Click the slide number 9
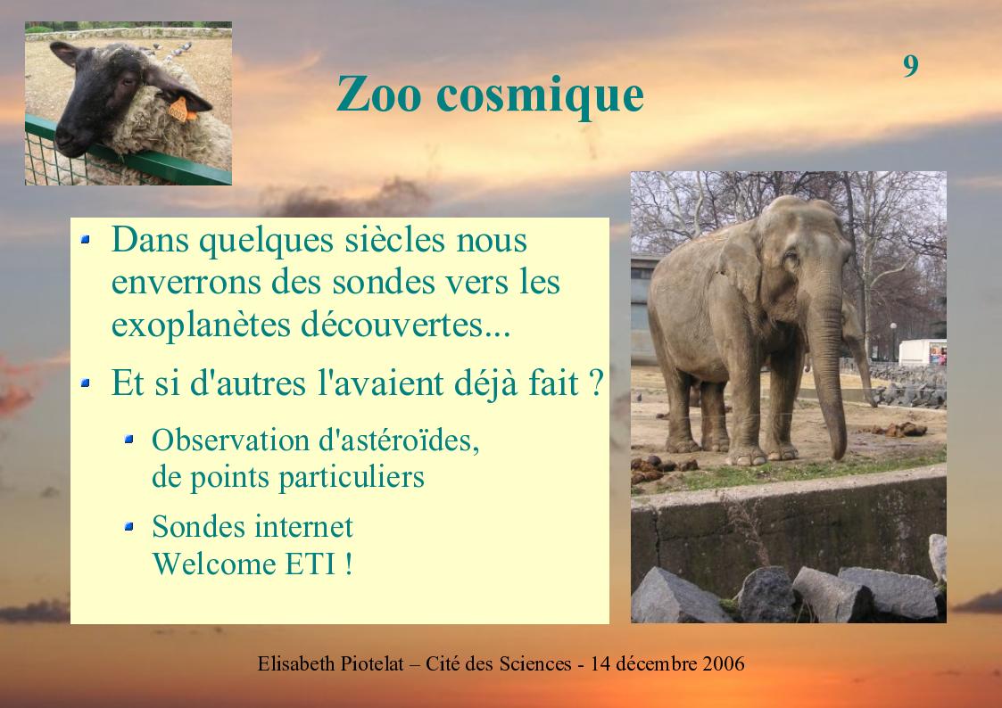click(x=911, y=66)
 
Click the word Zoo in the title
click(x=378, y=95)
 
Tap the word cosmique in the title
click(x=540, y=96)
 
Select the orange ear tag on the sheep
click(x=182, y=109)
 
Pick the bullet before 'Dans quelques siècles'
click(x=85, y=240)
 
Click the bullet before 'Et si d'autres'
click(x=85, y=383)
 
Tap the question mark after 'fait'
click(x=595, y=383)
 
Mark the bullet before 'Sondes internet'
click(x=129, y=527)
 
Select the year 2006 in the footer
click(x=724, y=664)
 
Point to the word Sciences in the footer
click(x=534, y=664)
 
